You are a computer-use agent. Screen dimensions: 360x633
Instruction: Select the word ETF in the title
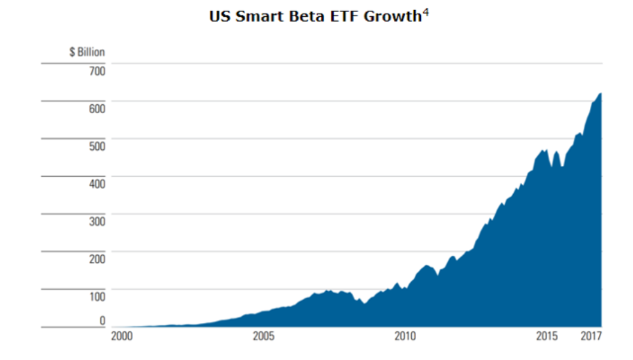[x=343, y=16]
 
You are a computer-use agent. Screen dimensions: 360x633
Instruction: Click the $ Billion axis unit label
[x=87, y=52]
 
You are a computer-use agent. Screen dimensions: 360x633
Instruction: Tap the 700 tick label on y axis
[x=97, y=71]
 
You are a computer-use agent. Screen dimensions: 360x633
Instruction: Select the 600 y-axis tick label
[x=97, y=109]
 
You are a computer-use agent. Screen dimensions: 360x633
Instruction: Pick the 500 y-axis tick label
[x=97, y=147]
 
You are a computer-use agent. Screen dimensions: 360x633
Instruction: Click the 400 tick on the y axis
[x=97, y=184]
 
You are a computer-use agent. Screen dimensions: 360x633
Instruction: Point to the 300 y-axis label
[x=97, y=222]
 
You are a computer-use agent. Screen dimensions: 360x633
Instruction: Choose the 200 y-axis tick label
[x=97, y=259]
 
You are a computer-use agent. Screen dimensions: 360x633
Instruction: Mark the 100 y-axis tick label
[x=97, y=297]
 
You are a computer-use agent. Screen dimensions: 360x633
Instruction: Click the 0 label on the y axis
[x=102, y=321]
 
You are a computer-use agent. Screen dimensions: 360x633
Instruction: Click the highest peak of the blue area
[x=599, y=94]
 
